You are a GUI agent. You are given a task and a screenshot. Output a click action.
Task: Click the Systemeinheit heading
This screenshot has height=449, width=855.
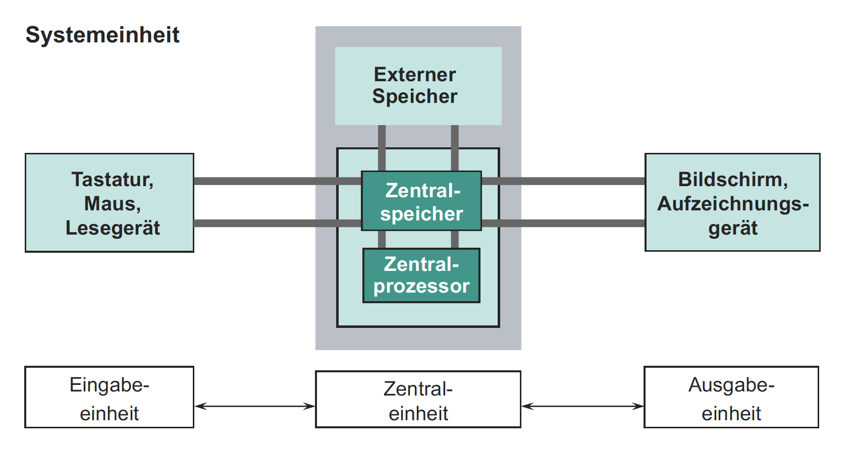[x=102, y=35]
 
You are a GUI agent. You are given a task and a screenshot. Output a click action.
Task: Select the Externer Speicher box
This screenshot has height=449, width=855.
[x=418, y=86]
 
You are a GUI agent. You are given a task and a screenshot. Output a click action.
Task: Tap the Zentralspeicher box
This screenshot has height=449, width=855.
[x=421, y=201]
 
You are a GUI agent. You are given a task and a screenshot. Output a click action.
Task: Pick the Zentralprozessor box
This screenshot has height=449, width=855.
[x=421, y=275]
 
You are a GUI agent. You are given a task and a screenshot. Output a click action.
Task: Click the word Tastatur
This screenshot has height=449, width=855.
[x=112, y=180]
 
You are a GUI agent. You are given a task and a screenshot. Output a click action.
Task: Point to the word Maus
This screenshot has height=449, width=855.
[x=112, y=204]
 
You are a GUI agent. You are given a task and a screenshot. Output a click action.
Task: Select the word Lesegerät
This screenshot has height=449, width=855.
[x=112, y=228]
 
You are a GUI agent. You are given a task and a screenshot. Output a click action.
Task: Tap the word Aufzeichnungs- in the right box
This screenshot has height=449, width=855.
[x=732, y=204]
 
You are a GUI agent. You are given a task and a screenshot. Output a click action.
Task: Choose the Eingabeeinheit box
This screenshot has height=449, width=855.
[x=109, y=398]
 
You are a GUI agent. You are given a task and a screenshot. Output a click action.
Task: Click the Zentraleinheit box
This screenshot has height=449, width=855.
[x=418, y=400]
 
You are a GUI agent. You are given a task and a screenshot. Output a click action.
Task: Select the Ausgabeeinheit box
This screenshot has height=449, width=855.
[x=731, y=398]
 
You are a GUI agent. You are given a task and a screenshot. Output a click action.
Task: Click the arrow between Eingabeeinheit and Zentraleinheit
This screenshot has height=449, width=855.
[x=255, y=406]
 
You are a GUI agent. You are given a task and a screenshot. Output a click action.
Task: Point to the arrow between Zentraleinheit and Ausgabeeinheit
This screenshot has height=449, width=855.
[x=582, y=406]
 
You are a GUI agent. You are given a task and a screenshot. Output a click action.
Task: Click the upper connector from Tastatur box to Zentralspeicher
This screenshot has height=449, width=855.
[x=278, y=181]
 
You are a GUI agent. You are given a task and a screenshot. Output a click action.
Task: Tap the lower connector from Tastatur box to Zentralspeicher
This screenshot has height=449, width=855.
[x=278, y=223]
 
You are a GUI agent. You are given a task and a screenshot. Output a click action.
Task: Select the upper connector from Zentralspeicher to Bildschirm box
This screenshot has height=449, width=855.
[x=563, y=181]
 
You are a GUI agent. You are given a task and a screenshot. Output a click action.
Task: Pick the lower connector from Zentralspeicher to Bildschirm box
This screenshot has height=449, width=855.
[x=563, y=223]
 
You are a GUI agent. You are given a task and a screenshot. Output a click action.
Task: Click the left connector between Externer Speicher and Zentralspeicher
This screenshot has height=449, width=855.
[x=382, y=148]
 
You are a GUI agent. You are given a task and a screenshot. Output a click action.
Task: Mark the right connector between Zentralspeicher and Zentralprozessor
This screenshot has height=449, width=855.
[x=455, y=240]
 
